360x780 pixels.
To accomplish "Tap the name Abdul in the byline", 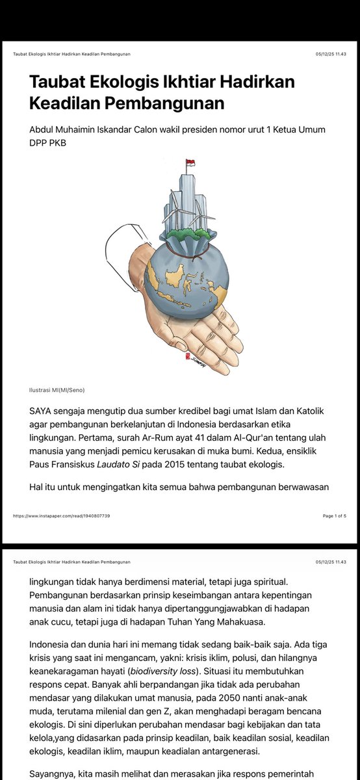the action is [x=44, y=130].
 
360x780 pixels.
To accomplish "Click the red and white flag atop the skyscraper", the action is [x=190, y=163].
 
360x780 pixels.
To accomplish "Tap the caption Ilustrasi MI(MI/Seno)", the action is [x=57, y=390].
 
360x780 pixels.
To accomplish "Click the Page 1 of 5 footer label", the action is [x=334, y=515].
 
